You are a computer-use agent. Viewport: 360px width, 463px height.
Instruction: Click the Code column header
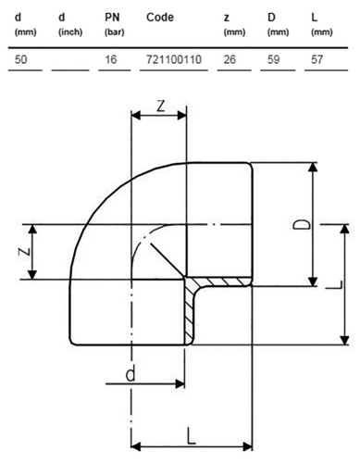pyautogui.click(x=160, y=18)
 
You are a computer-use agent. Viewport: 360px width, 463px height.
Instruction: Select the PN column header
pyautogui.click(x=114, y=24)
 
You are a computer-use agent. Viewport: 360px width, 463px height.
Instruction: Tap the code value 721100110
pyautogui.click(x=174, y=59)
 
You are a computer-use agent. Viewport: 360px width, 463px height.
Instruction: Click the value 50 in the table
pyautogui.click(x=21, y=59)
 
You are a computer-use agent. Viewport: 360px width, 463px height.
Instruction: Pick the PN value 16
pyautogui.click(x=110, y=59)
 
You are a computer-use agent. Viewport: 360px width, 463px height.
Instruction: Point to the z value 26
pyautogui.click(x=230, y=59)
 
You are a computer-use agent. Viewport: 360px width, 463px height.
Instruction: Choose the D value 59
pyautogui.click(x=273, y=59)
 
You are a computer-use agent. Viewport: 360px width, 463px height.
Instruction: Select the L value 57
pyautogui.click(x=317, y=59)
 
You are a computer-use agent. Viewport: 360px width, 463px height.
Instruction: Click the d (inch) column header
pyautogui.click(x=70, y=24)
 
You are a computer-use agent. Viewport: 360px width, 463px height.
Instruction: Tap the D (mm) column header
pyautogui.click(x=278, y=24)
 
